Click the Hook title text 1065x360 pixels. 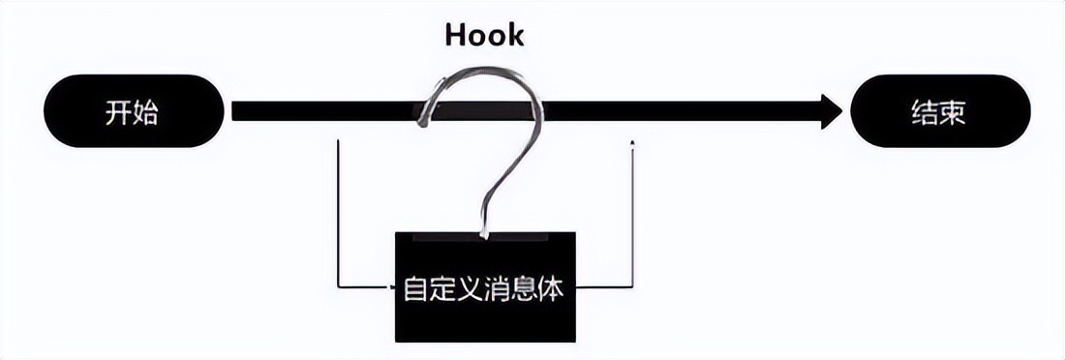[x=484, y=36]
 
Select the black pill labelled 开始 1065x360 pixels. [x=133, y=111]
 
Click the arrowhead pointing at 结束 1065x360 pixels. [x=831, y=111]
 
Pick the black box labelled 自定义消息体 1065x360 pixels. [x=484, y=287]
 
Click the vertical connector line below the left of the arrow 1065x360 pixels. [x=338, y=213]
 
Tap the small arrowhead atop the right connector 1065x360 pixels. [x=631, y=143]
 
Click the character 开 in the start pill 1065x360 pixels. [x=118, y=112]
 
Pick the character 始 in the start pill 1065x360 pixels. [x=146, y=112]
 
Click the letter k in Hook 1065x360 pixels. [x=514, y=36]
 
